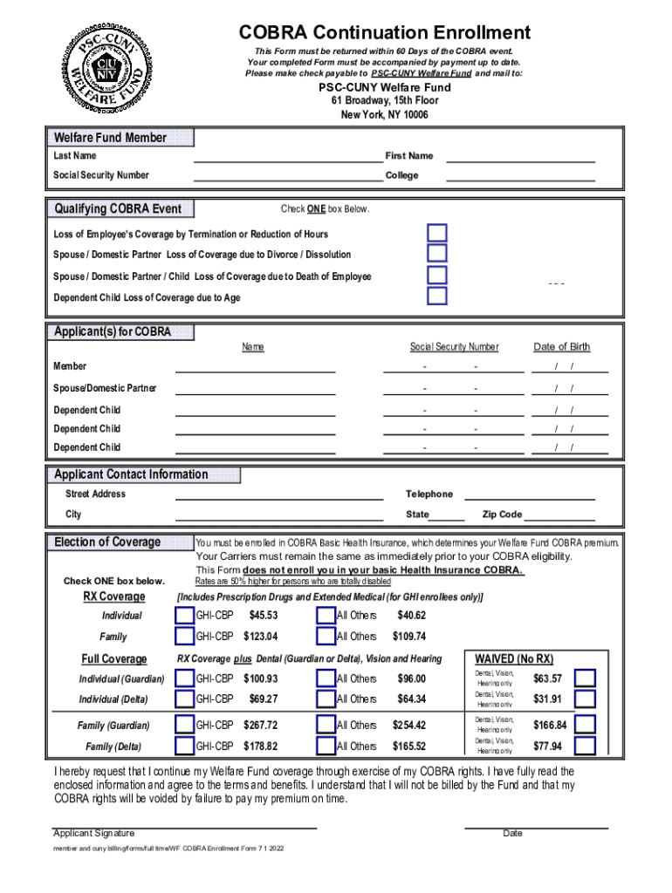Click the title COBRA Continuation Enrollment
(x=385, y=33)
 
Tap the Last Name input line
(x=287, y=157)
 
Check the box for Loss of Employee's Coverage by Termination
(x=437, y=233)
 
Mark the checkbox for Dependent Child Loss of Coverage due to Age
(x=437, y=297)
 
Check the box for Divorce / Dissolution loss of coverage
(x=437, y=254)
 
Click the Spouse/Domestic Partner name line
(x=255, y=389)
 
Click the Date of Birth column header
(x=561, y=347)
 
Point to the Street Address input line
(x=279, y=494)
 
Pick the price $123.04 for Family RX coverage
(x=260, y=637)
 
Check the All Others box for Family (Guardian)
(x=326, y=725)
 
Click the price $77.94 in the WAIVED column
(x=548, y=746)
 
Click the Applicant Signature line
(x=184, y=825)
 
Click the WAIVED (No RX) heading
(x=513, y=659)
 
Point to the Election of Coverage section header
(x=107, y=542)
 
